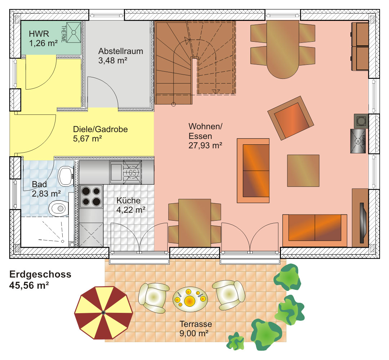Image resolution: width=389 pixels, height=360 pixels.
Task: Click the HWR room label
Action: (x=39, y=34)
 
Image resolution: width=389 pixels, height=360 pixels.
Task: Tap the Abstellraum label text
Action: (x=121, y=51)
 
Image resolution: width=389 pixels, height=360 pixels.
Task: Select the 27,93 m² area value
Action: (x=205, y=145)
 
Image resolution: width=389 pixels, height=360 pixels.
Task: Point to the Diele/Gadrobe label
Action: (x=100, y=129)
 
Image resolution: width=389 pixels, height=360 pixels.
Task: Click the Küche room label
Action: (x=129, y=200)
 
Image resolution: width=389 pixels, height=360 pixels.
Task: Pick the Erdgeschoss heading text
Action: (x=40, y=274)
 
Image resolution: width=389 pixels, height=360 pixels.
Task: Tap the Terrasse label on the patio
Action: (x=196, y=324)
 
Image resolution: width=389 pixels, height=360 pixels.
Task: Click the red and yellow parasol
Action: (x=104, y=312)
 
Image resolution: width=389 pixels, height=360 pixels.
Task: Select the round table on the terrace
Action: (x=190, y=299)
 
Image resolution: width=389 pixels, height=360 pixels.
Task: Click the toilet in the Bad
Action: (x=59, y=208)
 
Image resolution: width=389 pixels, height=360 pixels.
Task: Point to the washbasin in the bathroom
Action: (x=66, y=176)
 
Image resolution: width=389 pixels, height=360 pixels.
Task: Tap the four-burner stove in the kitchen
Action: (x=91, y=196)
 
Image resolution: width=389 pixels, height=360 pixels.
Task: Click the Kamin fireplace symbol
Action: (x=358, y=141)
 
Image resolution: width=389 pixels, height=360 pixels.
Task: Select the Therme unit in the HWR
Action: (x=74, y=32)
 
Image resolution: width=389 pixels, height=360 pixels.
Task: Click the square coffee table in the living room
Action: (x=303, y=171)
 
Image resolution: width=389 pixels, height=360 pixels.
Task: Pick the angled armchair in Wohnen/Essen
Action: (x=291, y=118)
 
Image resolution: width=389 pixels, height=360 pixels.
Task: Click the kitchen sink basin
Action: (x=116, y=172)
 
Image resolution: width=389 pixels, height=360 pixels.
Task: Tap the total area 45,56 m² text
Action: (x=29, y=285)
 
